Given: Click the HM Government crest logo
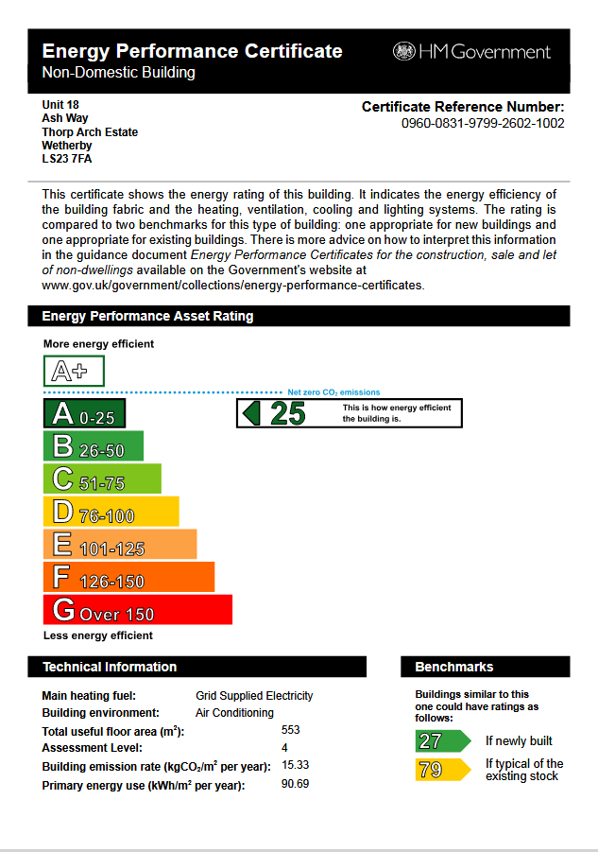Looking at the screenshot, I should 404,51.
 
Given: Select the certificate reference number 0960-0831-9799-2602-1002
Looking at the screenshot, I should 483,123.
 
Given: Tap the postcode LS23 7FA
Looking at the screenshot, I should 67,159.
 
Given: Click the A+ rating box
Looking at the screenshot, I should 74,371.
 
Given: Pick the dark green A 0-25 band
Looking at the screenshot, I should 84,413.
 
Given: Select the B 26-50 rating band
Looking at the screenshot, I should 94,446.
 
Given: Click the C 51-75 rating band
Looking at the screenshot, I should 102,479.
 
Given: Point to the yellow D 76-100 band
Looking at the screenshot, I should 111,512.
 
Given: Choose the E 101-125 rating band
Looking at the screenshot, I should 120,545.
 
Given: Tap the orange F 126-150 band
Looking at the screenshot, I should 128,577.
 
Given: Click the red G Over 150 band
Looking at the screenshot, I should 138,610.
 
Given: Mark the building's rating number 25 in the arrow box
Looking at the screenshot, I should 288,413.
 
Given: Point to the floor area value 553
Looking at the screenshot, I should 291,731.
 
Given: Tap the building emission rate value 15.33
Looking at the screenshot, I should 296,765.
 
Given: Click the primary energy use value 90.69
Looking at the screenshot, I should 296,784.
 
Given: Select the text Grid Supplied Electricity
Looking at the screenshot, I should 254,696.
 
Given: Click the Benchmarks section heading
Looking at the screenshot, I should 454,667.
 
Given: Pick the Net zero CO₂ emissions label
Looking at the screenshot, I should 333,391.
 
